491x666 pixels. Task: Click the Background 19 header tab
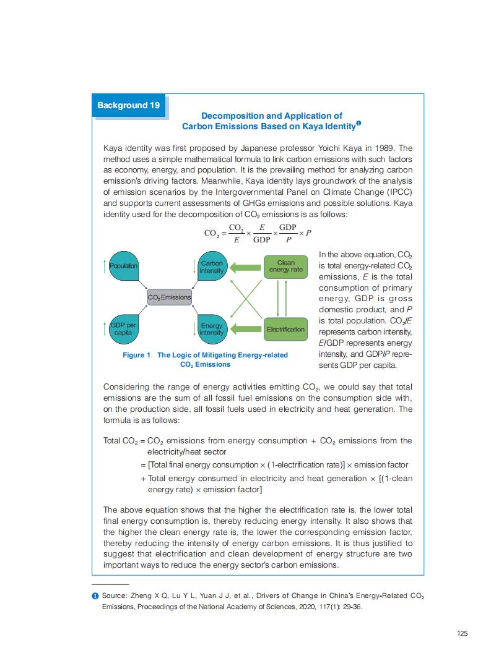point(129,105)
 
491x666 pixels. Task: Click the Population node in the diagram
point(124,266)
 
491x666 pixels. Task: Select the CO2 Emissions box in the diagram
point(169,297)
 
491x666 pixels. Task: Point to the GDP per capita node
point(124,329)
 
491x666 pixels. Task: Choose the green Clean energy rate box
point(285,267)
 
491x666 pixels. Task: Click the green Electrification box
point(285,329)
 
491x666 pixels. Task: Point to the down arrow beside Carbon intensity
point(194,268)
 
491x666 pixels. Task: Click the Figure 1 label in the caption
point(136,355)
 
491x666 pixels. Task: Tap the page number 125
point(461,633)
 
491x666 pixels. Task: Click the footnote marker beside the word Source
point(95,596)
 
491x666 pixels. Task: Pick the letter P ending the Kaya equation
point(308,233)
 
